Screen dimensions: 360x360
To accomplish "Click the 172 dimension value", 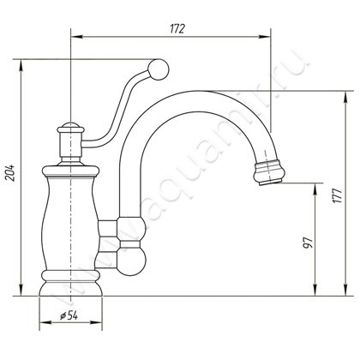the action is click(177, 29).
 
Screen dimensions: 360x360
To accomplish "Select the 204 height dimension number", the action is click(10, 172).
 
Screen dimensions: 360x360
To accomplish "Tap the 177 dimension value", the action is click(338, 195).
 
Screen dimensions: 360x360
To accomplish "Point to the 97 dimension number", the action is click(308, 242).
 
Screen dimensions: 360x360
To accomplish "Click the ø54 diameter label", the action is click(69, 315).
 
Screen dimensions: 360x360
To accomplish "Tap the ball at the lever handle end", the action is click(159, 69).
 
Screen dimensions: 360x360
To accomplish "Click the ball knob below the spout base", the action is click(131, 263).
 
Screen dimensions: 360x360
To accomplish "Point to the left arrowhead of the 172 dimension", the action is click(76, 37).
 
